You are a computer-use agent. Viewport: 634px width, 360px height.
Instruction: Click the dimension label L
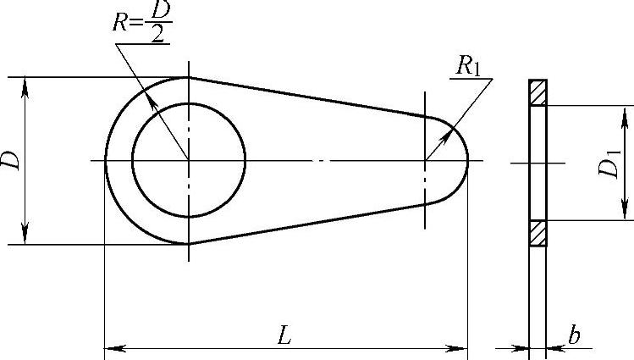pyautogui.click(x=284, y=335)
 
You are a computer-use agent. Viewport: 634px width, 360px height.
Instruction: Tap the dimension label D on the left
pyautogui.click(x=10, y=160)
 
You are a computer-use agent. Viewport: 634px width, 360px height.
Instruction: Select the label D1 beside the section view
pyautogui.click(x=609, y=163)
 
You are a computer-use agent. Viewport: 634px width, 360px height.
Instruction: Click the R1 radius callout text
pyautogui.click(x=468, y=64)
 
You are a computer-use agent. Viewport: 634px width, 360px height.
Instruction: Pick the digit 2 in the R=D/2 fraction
pyautogui.click(x=157, y=34)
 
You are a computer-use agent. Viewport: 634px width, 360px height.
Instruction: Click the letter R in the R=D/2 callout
pyautogui.click(x=119, y=22)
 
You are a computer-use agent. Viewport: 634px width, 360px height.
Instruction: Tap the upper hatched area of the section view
pyautogui.click(x=538, y=93)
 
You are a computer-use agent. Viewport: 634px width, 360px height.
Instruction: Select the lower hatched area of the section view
pyautogui.click(x=538, y=233)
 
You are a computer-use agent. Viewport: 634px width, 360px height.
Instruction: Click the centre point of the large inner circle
pyautogui.click(x=189, y=161)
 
